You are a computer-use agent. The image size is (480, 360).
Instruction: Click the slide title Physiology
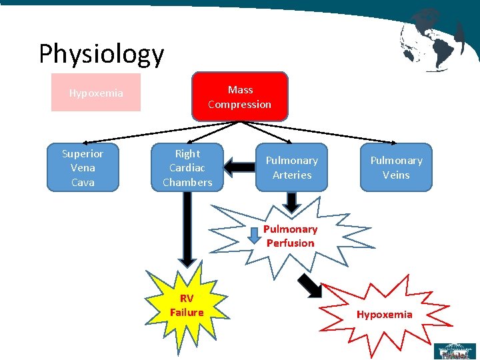coord(101,54)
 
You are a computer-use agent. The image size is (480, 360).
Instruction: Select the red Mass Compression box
coord(240,97)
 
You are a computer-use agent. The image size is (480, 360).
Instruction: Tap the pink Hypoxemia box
coord(96,93)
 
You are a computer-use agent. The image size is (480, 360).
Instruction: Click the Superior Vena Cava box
coord(83,167)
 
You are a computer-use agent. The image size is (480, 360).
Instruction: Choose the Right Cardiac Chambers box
coord(187,167)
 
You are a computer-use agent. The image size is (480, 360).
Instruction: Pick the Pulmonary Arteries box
coord(292,167)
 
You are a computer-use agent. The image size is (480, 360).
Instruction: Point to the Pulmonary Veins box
coord(396,167)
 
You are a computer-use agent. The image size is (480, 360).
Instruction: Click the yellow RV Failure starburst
coord(187,305)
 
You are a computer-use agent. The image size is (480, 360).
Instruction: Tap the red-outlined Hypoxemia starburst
coord(384,314)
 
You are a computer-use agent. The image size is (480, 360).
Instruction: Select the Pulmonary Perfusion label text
coord(290,236)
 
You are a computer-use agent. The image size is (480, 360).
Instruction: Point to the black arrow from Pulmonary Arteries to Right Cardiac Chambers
coord(237,165)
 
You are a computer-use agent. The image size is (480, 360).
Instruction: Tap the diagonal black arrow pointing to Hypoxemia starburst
coord(309,285)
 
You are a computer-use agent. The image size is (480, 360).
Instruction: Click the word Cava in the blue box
coord(83,182)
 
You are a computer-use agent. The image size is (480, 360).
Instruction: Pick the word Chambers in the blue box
coord(187,182)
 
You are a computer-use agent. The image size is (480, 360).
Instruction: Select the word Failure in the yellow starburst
coord(187,312)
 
